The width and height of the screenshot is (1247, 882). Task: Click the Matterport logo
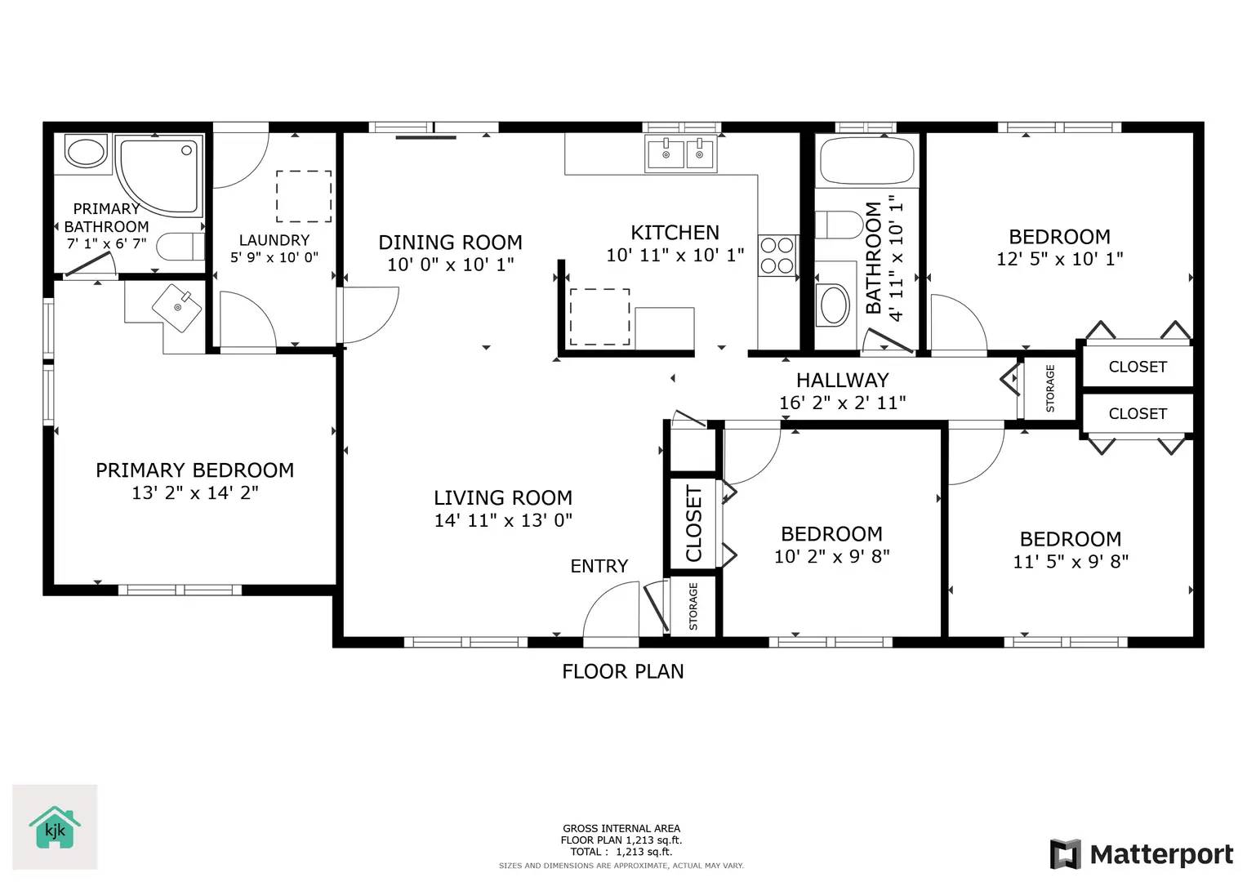(x=1141, y=854)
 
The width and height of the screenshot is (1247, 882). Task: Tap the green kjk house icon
(x=55, y=828)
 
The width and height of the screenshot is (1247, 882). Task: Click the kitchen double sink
(x=680, y=153)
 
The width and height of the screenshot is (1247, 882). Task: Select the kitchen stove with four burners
(x=777, y=255)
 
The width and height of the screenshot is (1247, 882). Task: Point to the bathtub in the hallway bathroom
(x=866, y=161)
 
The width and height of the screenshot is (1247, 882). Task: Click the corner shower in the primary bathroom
(x=158, y=174)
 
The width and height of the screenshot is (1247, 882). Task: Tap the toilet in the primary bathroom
(x=179, y=246)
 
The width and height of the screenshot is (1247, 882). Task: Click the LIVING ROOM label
(x=502, y=497)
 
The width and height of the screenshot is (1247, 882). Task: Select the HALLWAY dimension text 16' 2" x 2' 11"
(x=842, y=403)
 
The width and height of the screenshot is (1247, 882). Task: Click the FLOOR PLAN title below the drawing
(x=622, y=671)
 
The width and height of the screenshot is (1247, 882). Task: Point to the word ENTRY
(x=599, y=566)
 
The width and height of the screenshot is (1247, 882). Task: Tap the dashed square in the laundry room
(x=304, y=196)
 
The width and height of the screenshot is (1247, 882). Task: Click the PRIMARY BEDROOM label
(x=194, y=470)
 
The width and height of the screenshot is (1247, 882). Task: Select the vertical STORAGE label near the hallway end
(x=1050, y=388)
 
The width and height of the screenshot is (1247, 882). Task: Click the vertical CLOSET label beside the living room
(x=693, y=523)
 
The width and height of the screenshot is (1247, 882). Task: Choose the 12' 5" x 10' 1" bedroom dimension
(x=1059, y=259)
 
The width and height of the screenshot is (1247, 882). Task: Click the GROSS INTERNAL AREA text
(x=621, y=828)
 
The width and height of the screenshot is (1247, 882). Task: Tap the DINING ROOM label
(x=450, y=243)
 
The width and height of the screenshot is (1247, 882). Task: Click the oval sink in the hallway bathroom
(x=834, y=305)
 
